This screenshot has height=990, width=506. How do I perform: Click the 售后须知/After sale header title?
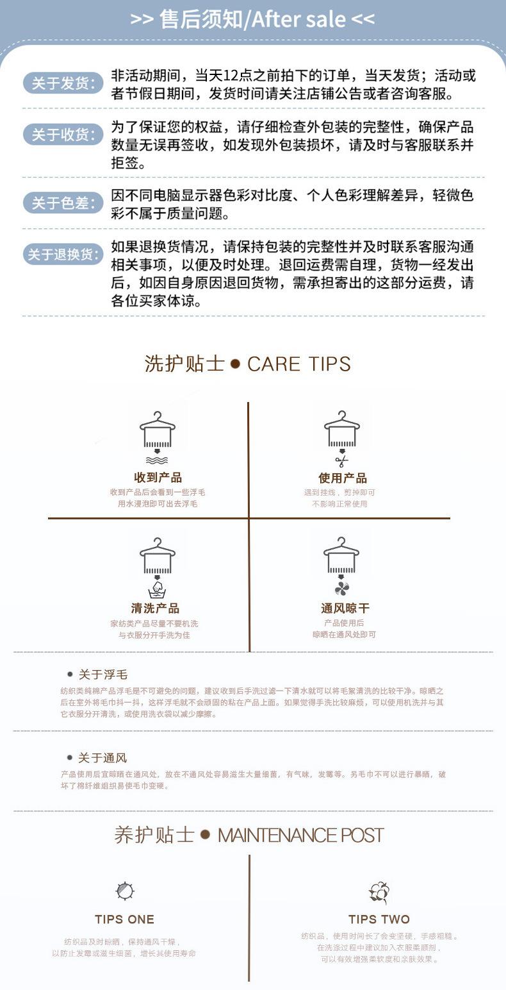click(x=252, y=19)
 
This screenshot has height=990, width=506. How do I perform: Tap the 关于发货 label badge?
click(x=63, y=83)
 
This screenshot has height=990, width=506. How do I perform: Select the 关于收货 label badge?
click(x=63, y=135)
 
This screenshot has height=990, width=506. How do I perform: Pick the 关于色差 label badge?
click(x=63, y=203)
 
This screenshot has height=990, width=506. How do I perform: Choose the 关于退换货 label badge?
click(x=63, y=254)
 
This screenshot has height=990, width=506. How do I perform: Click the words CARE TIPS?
click(x=299, y=364)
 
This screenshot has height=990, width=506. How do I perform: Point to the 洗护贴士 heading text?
click(x=184, y=364)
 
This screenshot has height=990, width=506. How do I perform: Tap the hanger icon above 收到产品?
click(x=157, y=430)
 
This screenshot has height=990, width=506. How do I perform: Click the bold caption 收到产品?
click(x=158, y=478)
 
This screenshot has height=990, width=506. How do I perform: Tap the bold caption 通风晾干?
click(x=345, y=608)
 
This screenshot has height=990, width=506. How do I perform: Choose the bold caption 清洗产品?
click(x=155, y=608)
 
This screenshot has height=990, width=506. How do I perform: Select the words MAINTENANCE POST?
click(x=300, y=835)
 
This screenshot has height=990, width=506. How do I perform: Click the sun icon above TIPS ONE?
click(x=125, y=891)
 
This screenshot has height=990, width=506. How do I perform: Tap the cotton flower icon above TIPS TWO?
click(x=379, y=892)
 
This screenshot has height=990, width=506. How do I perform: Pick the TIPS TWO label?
click(x=379, y=919)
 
